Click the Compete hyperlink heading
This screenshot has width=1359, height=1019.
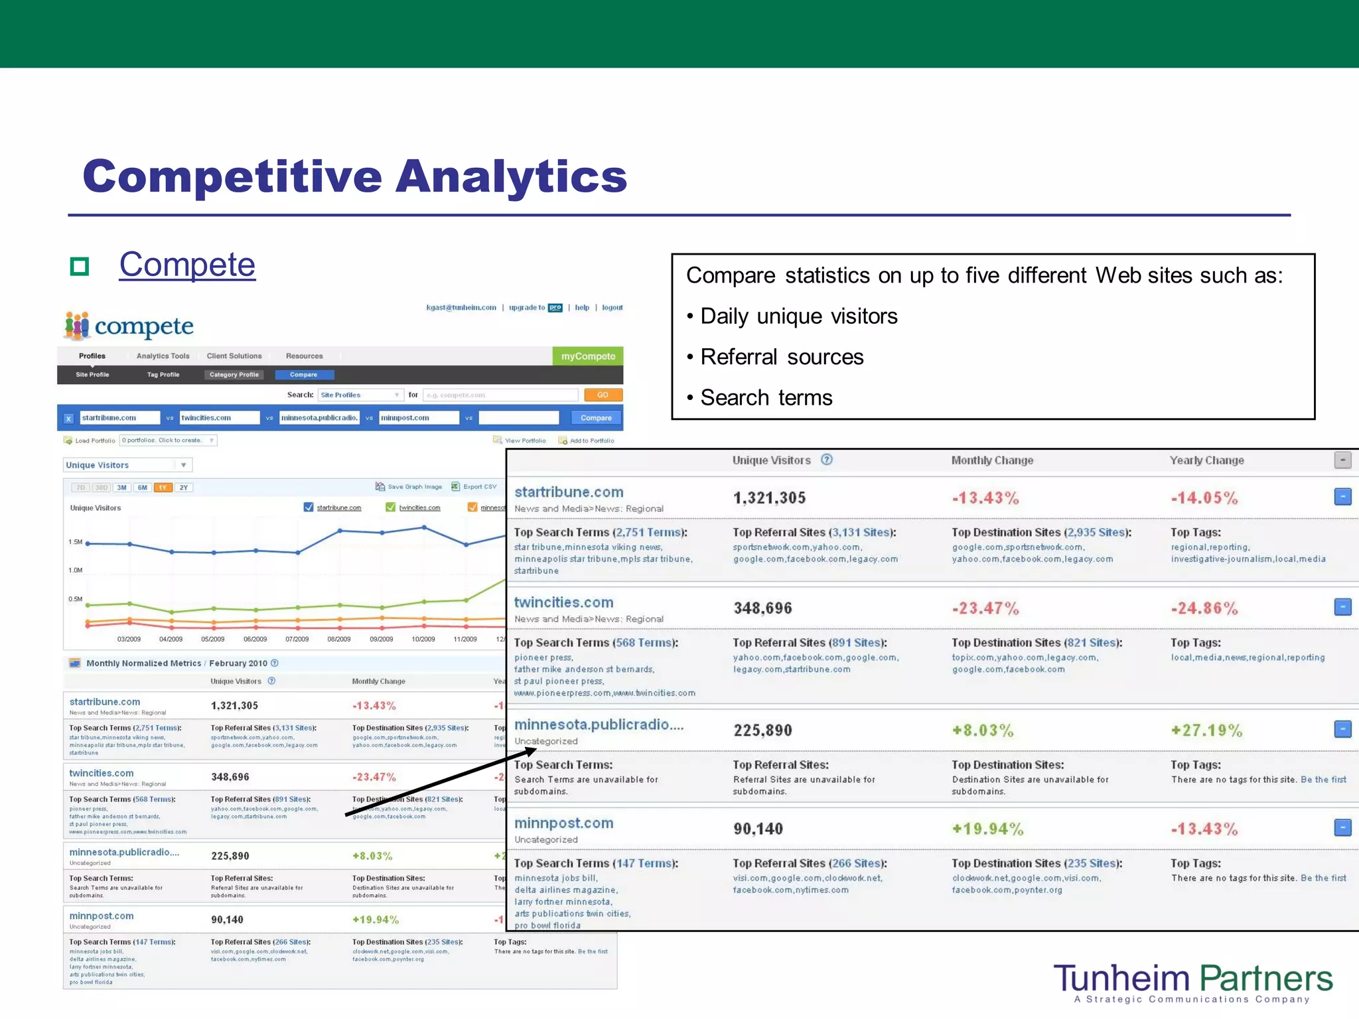coord(187,265)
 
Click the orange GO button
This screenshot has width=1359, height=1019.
coord(603,395)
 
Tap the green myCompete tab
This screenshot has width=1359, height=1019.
coord(588,356)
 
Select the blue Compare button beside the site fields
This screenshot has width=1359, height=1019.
coord(596,418)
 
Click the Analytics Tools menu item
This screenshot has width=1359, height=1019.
coord(163,356)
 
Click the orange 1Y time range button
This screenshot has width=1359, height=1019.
coord(163,488)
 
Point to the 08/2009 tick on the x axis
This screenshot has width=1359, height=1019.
coord(339,640)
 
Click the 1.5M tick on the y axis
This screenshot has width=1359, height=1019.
coord(76,542)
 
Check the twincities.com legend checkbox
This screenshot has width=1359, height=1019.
coord(391,508)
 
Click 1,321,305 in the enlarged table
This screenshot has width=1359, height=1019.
coord(769,498)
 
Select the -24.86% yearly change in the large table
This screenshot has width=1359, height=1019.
coord(1204,608)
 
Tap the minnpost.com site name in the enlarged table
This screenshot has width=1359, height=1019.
coord(563,823)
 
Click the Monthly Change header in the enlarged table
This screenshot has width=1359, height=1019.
coord(992,460)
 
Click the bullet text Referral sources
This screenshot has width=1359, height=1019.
coord(782,357)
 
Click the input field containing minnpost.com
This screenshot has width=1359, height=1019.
coord(419,418)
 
